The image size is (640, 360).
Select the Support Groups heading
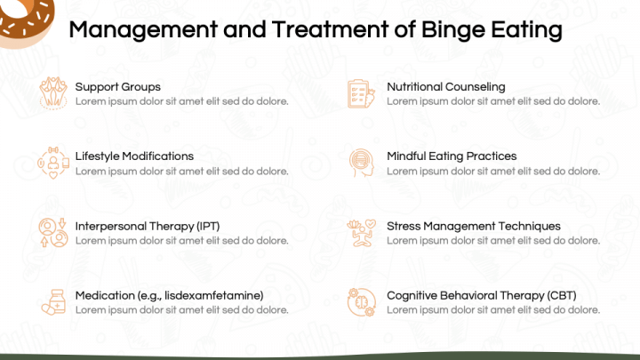[118, 87]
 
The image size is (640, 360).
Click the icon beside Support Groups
[53, 93]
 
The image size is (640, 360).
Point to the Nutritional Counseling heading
[446, 86]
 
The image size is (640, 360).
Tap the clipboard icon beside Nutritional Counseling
[361, 94]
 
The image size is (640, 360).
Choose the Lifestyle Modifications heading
[134, 156]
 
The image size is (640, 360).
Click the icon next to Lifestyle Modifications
[53, 163]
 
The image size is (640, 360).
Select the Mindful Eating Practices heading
[452, 156]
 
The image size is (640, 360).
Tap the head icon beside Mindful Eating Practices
[362, 163]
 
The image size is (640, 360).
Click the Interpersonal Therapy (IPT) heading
[148, 226]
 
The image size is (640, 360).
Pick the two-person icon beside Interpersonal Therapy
[53, 232]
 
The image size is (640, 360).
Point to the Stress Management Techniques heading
[474, 226]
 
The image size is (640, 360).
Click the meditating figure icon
[361, 233]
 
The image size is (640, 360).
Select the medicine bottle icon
[53, 302]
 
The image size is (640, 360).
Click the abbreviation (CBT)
[562, 295]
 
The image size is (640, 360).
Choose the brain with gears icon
[361, 302]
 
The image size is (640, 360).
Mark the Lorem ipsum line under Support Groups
[181, 101]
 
